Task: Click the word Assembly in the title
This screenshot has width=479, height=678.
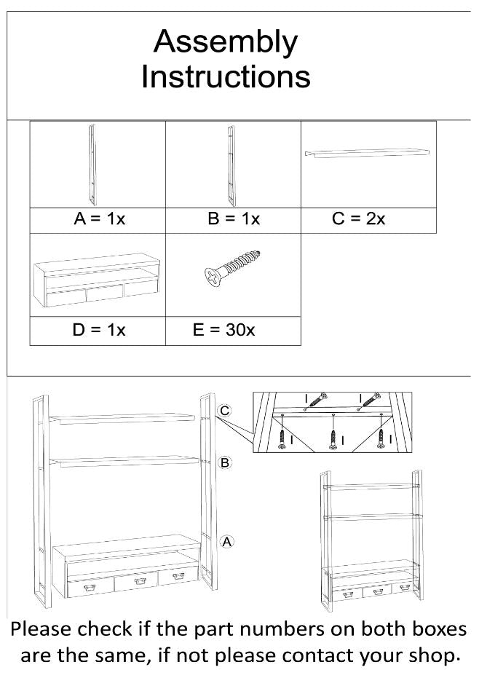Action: point(225,43)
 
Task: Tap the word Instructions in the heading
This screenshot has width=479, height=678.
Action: point(225,76)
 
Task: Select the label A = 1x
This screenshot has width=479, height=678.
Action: point(99,219)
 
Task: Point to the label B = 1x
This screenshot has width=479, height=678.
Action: point(234,219)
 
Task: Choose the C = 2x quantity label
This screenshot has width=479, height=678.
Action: point(358,219)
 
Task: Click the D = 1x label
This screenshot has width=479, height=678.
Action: point(99,330)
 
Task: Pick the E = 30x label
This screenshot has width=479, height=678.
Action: point(223,330)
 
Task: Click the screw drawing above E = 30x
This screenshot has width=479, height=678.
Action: point(232,269)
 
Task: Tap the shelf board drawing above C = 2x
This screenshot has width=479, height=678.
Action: point(368,152)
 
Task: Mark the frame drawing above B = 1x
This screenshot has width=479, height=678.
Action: point(230,165)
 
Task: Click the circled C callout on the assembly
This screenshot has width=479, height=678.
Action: point(225,412)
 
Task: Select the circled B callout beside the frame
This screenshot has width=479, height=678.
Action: point(225,462)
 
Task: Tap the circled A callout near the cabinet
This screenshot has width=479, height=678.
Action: point(226,541)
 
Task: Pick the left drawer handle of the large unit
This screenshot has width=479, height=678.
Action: point(91,587)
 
